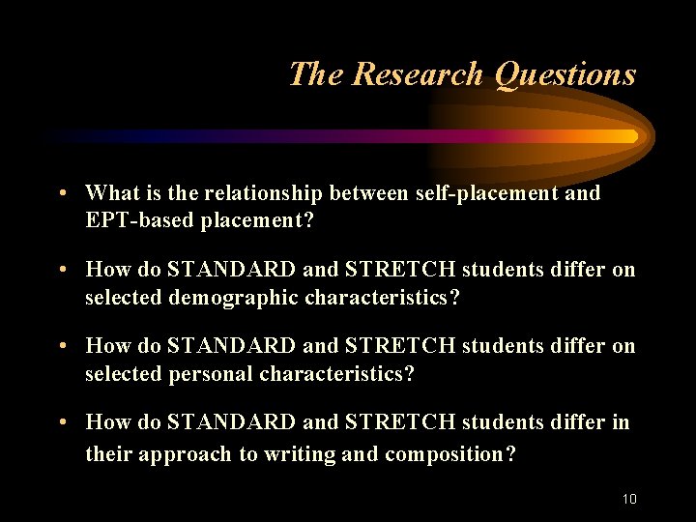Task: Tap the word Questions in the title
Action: [x=565, y=73]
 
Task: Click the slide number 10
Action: [x=629, y=499]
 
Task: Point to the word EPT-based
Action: [x=141, y=219]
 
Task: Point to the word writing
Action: [x=290, y=453]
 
